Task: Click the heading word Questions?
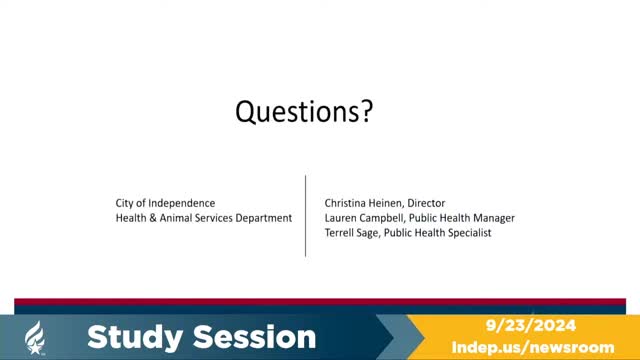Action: click(304, 113)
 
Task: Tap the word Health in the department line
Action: click(132, 217)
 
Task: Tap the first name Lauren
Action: click(342, 217)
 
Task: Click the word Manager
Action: click(492, 217)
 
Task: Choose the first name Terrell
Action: click(342, 232)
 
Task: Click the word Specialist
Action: click(467, 232)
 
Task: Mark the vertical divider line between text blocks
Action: click(306, 215)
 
